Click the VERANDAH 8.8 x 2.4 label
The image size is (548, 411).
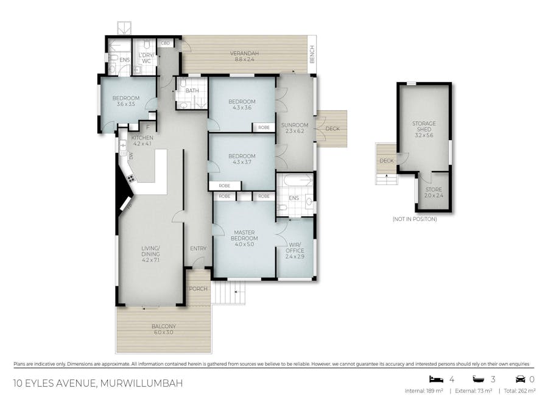pos(242,57)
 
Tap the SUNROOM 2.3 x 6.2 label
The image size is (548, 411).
pos(295,128)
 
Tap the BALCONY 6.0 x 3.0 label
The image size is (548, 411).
pos(163,329)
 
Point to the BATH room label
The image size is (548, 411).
pos(192,91)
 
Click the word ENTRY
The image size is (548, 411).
pos(198,248)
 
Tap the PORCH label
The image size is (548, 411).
pos(198,289)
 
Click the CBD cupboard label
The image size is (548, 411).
pos(165,43)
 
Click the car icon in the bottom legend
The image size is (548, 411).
pos(521,379)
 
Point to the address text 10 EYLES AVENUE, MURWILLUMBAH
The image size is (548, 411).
pos(97,384)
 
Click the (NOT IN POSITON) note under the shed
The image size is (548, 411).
pos(415,219)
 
